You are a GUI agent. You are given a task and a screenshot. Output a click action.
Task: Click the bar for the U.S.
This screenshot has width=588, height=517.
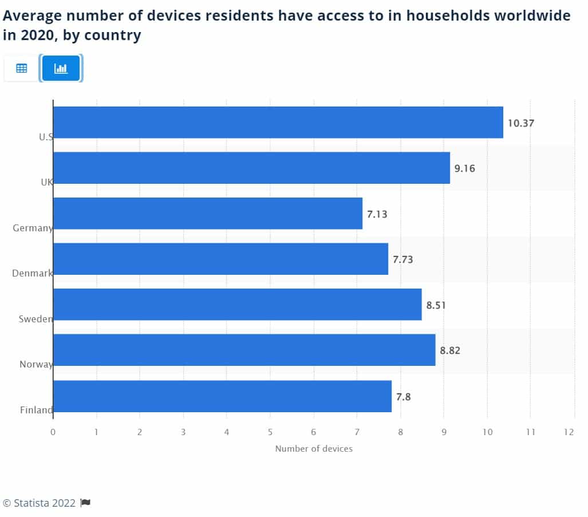(x=278, y=122)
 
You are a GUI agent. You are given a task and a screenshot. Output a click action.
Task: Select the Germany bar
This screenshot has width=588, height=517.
(x=207, y=213)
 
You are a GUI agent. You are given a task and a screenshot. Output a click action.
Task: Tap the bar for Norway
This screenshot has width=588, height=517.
(x=244, y=350)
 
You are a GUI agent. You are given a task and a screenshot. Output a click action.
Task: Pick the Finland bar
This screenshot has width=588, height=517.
(x=222, y=396)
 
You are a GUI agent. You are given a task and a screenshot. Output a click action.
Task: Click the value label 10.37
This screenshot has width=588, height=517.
(x=520, y=123)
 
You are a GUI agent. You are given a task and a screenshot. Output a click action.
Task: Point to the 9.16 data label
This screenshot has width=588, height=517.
(x=465, y=168)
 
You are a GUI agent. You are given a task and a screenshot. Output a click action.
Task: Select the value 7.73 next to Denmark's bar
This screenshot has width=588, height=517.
(x=402, y=259)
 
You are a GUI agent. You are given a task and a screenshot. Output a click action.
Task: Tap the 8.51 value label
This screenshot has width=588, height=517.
(x=436, y=305)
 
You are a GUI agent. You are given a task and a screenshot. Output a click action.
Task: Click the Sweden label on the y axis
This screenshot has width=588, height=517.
(x=35, y=319)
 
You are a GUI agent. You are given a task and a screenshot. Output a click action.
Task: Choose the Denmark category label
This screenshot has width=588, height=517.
(x=32, y=273)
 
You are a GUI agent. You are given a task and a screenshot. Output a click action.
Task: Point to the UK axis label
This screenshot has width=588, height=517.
(x=46, y=182)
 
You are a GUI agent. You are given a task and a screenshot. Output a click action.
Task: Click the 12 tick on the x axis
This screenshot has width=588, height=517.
(x=569, y=432)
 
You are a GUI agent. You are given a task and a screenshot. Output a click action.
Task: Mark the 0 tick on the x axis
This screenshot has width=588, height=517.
(x=53, y=432)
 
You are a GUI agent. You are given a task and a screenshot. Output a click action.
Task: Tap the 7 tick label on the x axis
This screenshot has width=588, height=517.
(x=357, y=432)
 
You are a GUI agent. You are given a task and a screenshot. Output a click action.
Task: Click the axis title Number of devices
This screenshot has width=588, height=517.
(x=314, y=449)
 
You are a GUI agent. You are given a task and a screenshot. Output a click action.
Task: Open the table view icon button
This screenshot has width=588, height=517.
(x=22, y=68)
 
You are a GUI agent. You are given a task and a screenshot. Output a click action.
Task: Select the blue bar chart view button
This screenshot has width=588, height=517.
(x=61, y=68)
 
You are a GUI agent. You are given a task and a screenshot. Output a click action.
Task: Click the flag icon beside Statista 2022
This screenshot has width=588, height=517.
(x=85, y=503)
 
